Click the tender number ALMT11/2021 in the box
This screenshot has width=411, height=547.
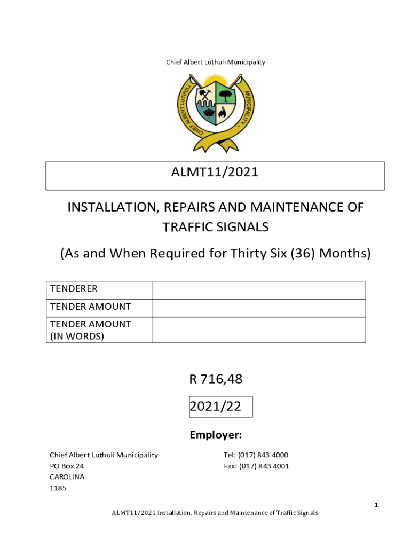(215, 173)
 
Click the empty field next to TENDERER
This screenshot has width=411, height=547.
(259, 290)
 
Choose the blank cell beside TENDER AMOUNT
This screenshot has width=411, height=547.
(259, 308)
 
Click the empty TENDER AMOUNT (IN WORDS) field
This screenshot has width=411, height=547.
(259, 330)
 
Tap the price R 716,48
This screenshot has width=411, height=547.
(216, 379)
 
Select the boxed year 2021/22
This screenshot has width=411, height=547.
(216, 407)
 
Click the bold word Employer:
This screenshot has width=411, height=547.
(216, 435)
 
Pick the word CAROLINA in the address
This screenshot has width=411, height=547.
(67, 477)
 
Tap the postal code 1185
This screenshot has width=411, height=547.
(58, 488)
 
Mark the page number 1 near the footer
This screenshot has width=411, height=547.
(376, 505)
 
